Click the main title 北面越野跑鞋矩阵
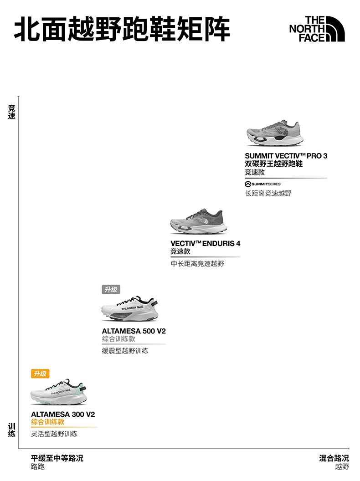122,30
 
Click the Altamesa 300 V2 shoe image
58,392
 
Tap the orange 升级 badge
40,374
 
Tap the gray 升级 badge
111,289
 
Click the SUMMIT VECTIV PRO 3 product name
286,156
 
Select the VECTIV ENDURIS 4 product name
205,243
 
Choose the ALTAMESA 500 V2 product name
134,331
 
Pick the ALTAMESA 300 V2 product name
63,414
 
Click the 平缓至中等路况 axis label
57,458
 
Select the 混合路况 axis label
334,458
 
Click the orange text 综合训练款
48,422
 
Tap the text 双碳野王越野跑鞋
273,164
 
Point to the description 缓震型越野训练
124,351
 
